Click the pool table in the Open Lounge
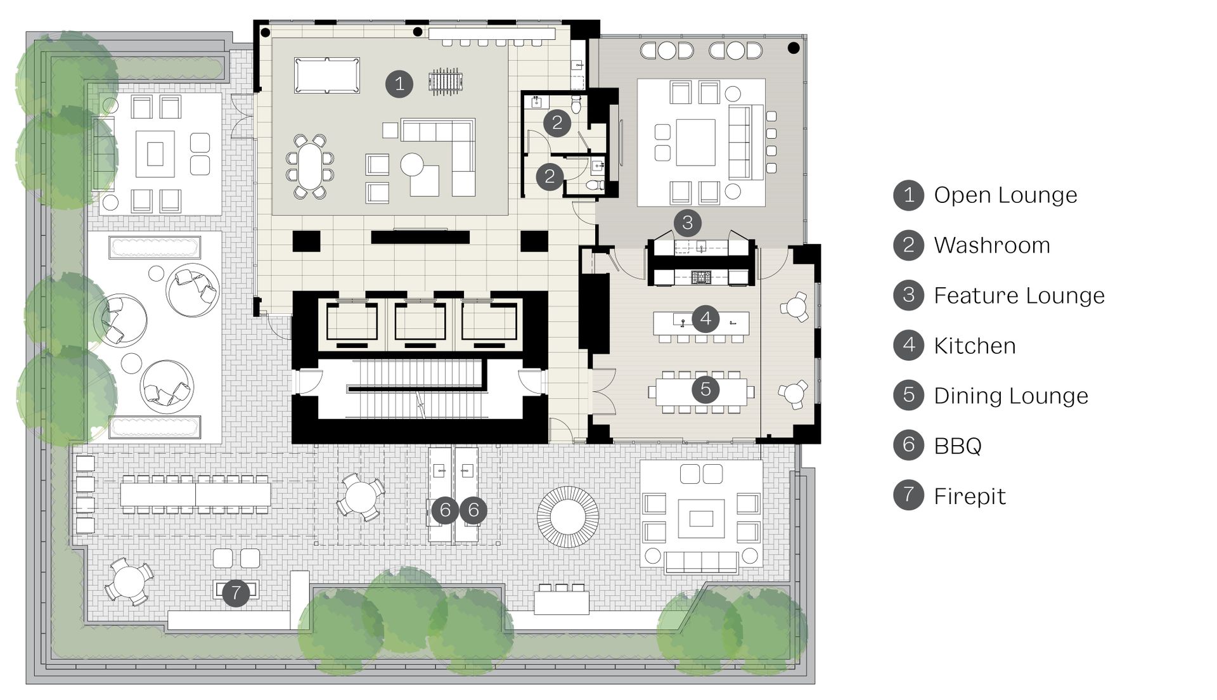327,75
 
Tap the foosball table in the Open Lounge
446,82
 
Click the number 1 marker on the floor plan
399,83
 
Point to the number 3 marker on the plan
688,223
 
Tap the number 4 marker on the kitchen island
705,319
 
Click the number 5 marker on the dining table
705,389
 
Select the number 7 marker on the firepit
236,593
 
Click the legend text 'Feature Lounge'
1019,295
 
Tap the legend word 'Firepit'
970,496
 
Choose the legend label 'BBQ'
958,446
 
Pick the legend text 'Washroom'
992,245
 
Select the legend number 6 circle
909,445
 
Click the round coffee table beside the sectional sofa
412,165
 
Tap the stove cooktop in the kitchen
701,276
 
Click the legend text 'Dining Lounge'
1011,396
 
